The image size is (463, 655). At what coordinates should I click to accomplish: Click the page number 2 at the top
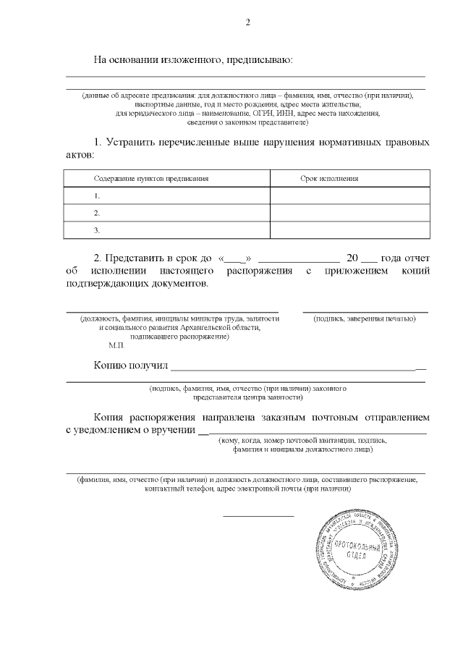[247, 22]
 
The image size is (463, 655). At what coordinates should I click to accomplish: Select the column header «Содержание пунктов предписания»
[151, 178]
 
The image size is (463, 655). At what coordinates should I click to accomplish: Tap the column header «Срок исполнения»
[329, 178]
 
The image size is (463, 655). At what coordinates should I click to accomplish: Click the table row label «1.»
[96, 196]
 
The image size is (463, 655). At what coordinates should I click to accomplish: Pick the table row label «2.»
[96, 214]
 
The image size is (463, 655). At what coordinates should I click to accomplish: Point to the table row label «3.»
[96, 230]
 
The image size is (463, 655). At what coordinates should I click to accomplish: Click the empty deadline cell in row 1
[350, 196]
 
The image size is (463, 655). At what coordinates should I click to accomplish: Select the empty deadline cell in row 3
[350, 230]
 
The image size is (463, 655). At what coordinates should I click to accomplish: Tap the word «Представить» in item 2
[136, 258]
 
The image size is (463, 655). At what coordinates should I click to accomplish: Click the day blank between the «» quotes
[231, 259]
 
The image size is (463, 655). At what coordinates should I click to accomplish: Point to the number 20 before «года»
[352, 258]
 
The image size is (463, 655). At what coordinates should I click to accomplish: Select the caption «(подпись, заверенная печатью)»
[365, 318]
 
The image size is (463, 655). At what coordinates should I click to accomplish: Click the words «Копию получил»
[130, 365]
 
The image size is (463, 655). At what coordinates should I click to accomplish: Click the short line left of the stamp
[258, 516]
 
